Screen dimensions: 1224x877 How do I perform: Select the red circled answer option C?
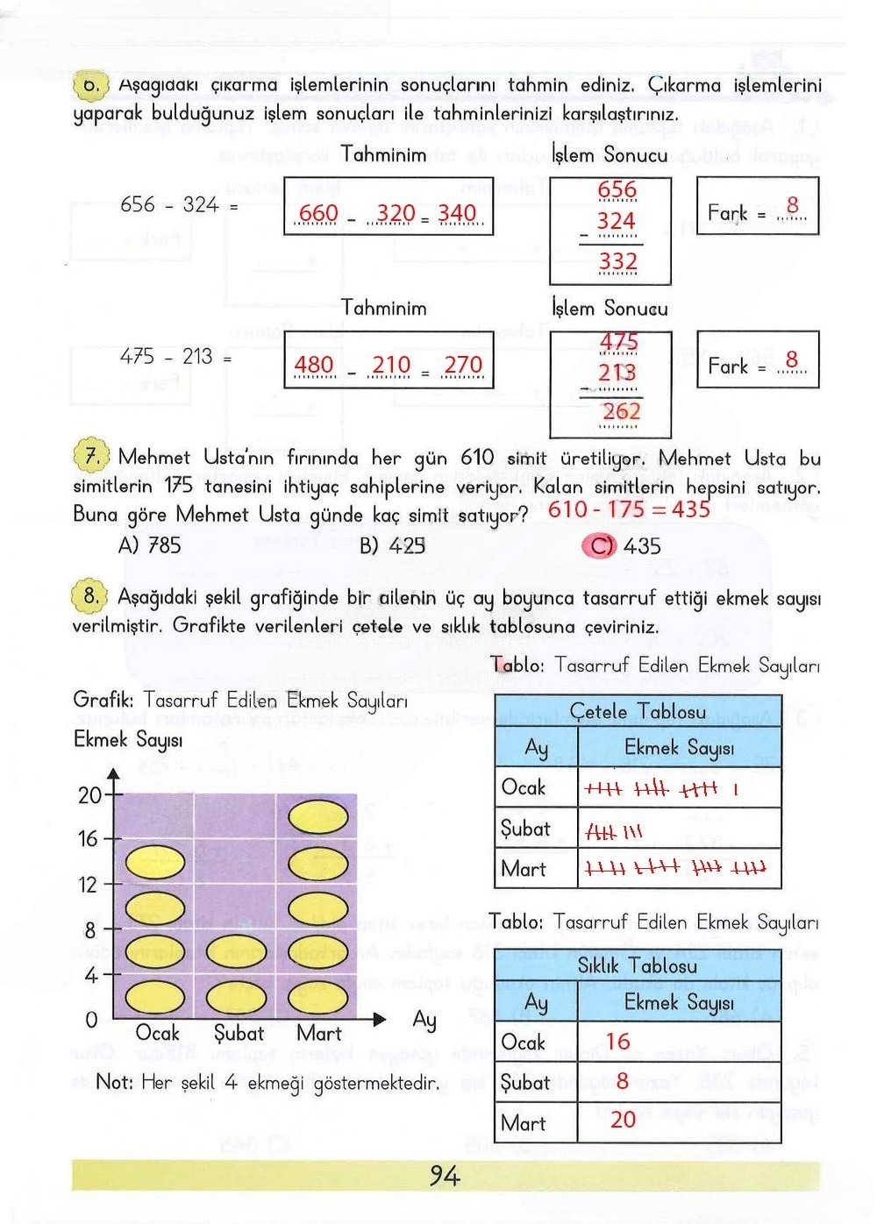click(x=601, y=546)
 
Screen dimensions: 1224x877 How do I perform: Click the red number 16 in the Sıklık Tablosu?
click(x=617, y=1042)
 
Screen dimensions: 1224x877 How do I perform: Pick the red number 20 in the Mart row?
click(x=623, y=1119)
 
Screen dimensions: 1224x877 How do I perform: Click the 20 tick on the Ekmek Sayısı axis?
click(x=90, y=795)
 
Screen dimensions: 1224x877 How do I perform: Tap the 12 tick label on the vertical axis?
click(x=89, y=885)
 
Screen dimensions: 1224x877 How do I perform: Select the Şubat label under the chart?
click(x=239, y=1034)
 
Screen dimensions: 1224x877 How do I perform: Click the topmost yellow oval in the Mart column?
click(x=318, y=818)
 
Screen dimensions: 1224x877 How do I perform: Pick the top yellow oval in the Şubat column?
click(x=236, y=951)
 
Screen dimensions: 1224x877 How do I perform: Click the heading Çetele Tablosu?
click(x=638, y=711)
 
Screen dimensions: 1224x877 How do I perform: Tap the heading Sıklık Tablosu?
click(x=638, y=965)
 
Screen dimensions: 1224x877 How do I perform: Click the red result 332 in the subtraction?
click(x=617, y=261)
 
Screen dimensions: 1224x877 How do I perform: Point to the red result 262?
click(x=621, y=411)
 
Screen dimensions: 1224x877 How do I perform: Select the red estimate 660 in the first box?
click(x=318, y=213)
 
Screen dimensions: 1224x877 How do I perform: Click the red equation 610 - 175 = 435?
click(x=629, y=509)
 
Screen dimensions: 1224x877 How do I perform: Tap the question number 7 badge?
click(x=89, y=457)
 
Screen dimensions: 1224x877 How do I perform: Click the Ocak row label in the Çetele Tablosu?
click(x=524, y=787)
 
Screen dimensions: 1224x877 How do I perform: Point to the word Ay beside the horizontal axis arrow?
click(x=424, y=1020)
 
